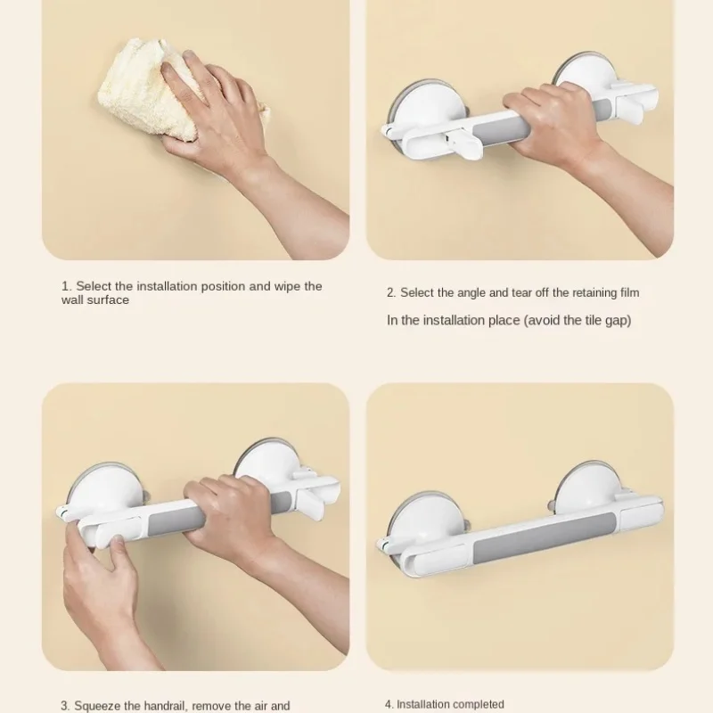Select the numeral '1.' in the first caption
[66, 286]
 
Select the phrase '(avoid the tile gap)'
[577, 320]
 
